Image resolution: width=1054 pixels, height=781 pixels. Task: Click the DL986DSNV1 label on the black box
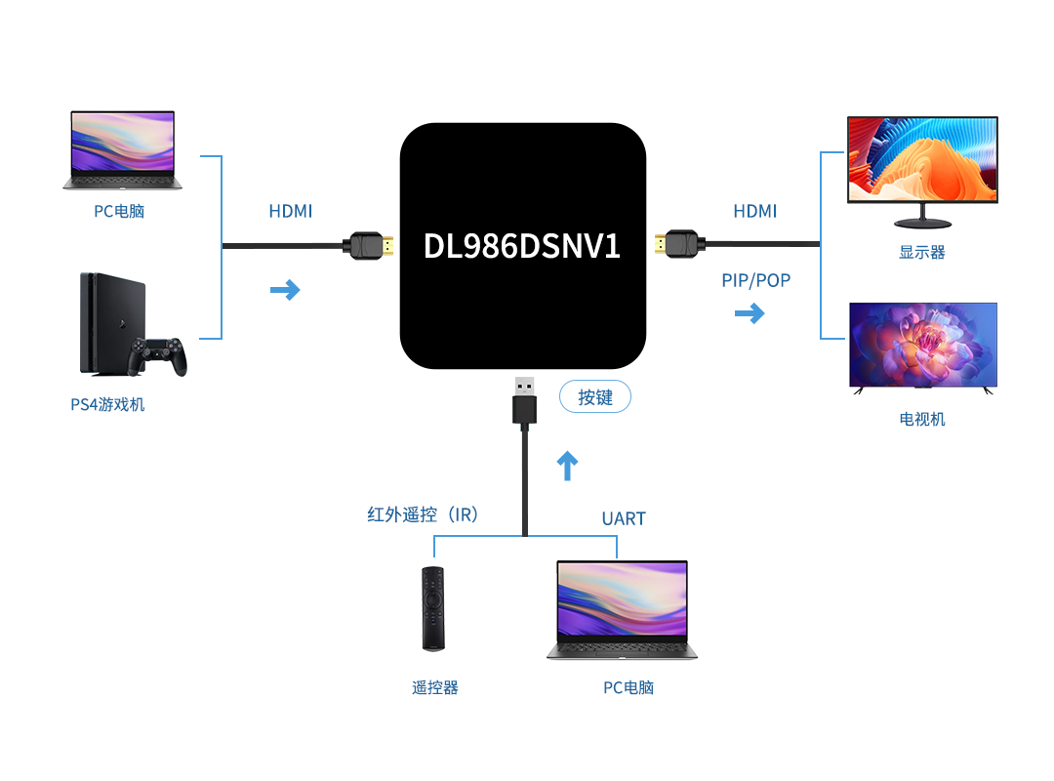[x=522, y=246]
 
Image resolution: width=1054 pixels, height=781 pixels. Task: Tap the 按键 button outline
[x=595, y=397]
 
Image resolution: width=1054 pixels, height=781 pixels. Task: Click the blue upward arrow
[x=567, y=467]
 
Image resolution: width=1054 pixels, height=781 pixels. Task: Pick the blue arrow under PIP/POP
[x=750, y=313]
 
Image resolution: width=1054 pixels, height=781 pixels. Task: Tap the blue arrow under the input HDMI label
[x=285, y=290]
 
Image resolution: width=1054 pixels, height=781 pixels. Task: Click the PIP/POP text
[x=756, y=280]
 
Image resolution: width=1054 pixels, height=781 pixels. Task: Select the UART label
[x=624, y=518]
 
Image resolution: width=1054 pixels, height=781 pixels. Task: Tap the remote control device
[x=432, y=607]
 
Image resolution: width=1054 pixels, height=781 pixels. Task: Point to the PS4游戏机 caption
[x=107, y=403]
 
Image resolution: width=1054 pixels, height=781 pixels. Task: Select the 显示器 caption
[x=922, y=252]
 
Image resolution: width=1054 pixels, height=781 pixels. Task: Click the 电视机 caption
[x=922, y=419]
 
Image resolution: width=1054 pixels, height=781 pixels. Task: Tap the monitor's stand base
[x=922, y=221]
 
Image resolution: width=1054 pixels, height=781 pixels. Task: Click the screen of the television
[x=923, y=345]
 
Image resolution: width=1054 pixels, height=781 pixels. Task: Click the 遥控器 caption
[x=435, y=687]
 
